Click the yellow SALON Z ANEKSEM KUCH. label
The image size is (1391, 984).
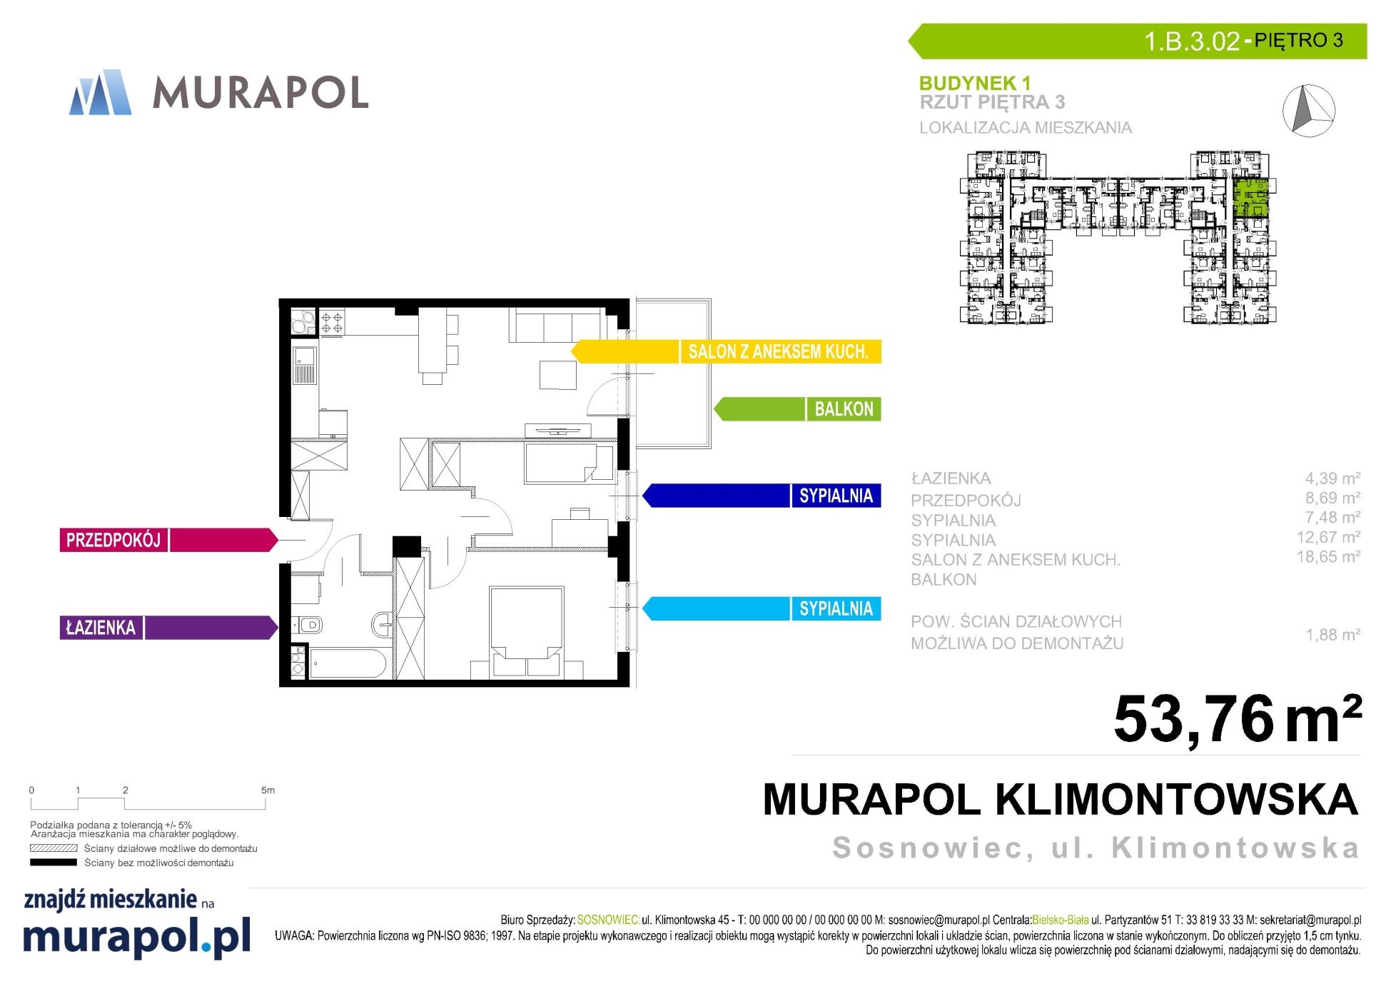[x=778, y=351]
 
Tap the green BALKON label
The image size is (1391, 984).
[x=844, y=409]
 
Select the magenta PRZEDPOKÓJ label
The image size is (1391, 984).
[x=113, y=540]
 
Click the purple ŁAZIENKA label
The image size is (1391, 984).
[x=101, y=628]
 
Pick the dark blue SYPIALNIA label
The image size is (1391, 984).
[x=836, y=496]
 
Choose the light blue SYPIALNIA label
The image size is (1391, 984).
[x=836, y=608]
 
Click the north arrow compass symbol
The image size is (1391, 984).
[x=1309, y=110]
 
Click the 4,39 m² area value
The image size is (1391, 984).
[x=1332, y=478]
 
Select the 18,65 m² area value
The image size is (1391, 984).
[x=1328, y=556]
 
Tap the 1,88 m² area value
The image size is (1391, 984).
[x=1332, y=634]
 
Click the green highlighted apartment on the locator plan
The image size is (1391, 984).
[x=1251, y=198]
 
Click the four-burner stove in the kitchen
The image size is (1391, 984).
[x=331, y=321]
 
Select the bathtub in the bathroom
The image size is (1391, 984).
[x=348, y=663]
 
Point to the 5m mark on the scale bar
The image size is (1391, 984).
[x=268, y=790]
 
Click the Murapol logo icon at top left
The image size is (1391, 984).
[x=101, y=92]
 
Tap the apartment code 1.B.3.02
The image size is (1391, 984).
[x=1192, y=41]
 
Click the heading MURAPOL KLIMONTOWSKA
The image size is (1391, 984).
[x=1061, y=800]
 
